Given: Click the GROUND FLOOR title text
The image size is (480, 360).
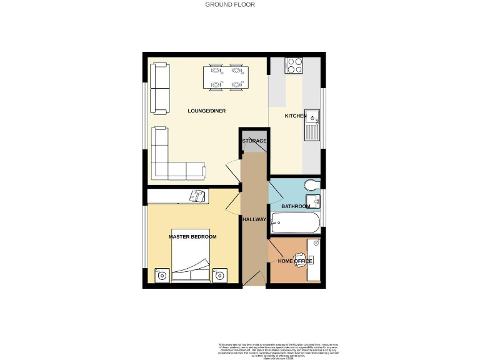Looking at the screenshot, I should [x=230, y=4].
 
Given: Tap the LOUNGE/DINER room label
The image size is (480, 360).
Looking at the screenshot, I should [x=206, y=111].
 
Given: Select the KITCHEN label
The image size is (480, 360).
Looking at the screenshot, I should [x=296, y=116].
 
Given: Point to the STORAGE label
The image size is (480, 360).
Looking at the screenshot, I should [x=254, y=141].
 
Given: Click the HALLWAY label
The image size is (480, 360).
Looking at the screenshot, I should [x=254, y=219].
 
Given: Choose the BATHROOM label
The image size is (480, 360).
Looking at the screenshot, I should [x=295, y=206].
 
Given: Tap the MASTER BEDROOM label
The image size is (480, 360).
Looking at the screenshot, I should [x=192, y=237].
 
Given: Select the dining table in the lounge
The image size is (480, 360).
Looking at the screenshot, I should [x=226, y=77].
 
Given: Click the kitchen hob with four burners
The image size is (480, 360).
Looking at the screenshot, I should [x=294, y=65].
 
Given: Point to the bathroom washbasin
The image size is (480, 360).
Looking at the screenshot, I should [x=315, y=201].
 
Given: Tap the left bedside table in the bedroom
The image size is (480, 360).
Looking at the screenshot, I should [x=161, y=275].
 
